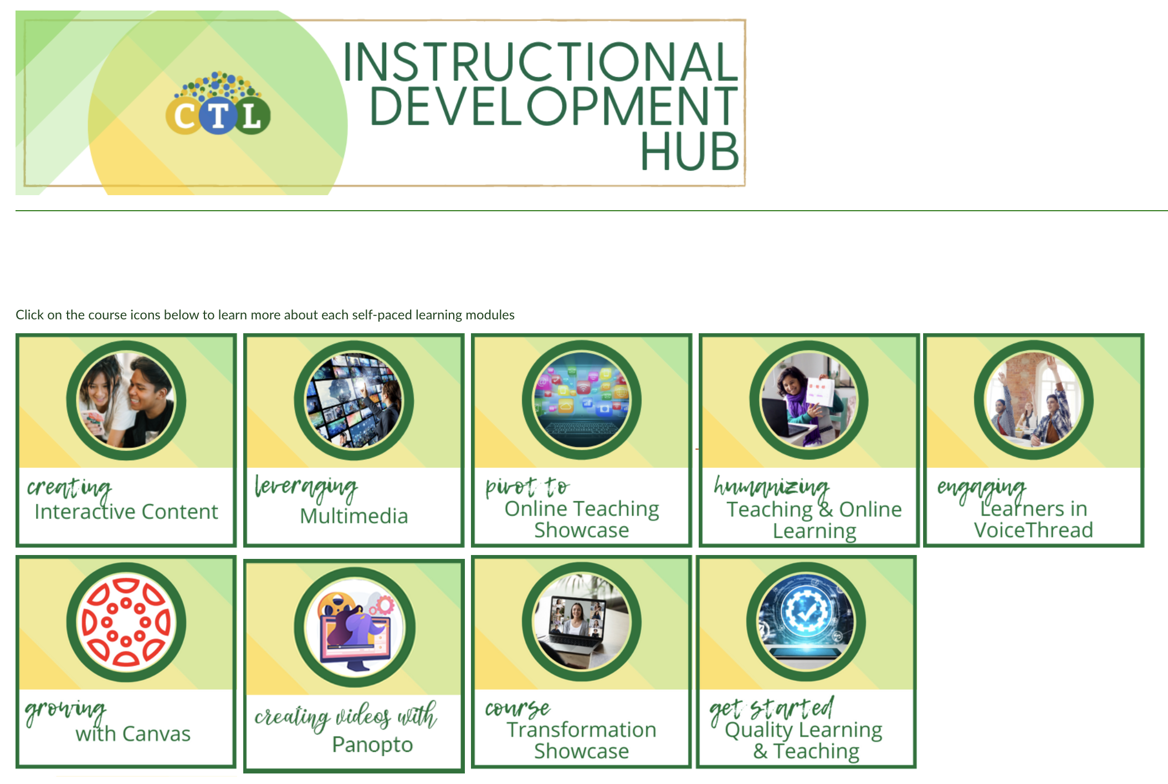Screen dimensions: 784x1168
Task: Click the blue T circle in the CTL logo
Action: (218, 116)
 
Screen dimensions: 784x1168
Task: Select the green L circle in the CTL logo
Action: (253, 116)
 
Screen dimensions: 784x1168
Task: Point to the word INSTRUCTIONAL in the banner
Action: (540, 62)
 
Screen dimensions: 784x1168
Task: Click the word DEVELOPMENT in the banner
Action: (553, 106)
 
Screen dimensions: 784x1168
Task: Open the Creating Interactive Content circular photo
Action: (126, 400)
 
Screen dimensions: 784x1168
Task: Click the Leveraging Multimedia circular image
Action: (354, 400)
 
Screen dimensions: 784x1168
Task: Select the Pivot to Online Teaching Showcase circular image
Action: (581, 400)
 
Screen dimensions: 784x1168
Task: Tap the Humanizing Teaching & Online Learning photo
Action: (809, 400)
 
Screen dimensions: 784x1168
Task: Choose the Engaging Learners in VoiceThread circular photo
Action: (1033, 400)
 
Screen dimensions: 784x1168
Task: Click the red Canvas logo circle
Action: (126, 622)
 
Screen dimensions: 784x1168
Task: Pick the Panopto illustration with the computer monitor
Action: (354, 627)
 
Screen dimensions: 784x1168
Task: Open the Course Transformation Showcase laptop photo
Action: (581, 622)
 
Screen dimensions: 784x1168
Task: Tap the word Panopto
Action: (372, 744)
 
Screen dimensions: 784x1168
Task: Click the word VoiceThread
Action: (1033, 530)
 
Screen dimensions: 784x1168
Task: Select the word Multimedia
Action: (354, 516)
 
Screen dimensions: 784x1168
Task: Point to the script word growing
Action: (65, 710)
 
